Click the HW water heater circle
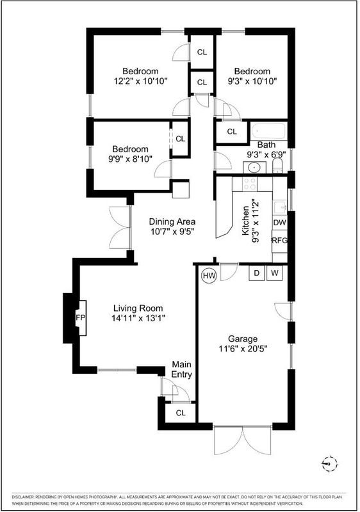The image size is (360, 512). pos(209,275)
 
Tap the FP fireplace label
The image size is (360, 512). pos(80,317)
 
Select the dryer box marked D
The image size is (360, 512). pos(257,273)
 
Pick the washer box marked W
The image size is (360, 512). pos(275,273)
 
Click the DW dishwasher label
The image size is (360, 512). pos(280,223)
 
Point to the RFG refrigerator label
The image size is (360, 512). pos(280,241)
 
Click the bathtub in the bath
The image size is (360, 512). pos(269,131)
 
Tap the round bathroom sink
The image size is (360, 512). pos(254,168)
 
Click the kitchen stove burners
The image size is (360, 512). pos(250,184)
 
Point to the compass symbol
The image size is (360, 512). pos(329,463)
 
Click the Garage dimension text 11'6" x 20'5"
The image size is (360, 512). pos(243,349)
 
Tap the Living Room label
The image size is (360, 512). pos(138,308)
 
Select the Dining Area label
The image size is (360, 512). pos(172,221)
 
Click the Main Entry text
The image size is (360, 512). pos(182,369)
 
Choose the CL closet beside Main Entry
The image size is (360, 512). pos(181,413)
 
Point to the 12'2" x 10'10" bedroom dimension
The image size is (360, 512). pos(140,81)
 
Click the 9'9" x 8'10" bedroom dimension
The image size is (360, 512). pos(130,159)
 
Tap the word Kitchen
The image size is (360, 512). pos(245,221)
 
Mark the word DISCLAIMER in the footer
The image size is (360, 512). pos(22,497)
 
